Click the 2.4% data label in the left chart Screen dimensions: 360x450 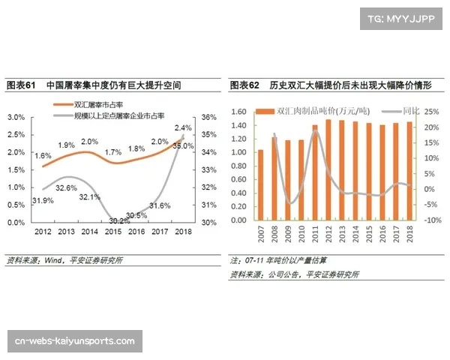point(182,128)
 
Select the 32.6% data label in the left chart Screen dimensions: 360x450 point(67,187)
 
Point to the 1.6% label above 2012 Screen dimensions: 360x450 point(43,155)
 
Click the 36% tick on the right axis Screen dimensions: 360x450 point(209,117)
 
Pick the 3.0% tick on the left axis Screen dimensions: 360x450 point(16,117)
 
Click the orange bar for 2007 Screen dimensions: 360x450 point(261,184)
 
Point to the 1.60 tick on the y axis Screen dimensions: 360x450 point(238,111)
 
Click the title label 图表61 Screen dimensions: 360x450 point(21,86)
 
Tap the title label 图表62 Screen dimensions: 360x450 point(244,86)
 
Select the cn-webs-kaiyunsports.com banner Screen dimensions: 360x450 point(75,341)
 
